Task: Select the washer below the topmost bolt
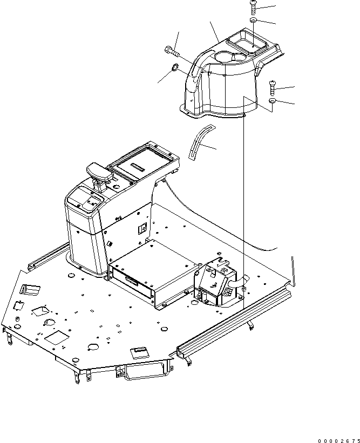click(x=254, y=21)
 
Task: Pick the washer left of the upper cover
click(x=175, y=68)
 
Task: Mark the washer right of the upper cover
click(x=273, y=101)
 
